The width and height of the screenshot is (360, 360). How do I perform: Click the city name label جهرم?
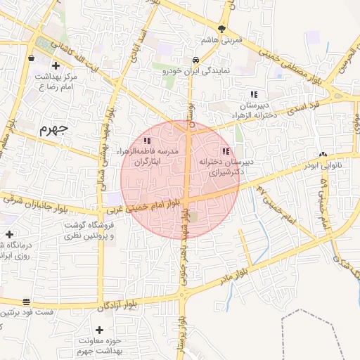coord(53,129)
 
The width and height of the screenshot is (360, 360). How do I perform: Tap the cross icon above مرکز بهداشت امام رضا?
coord(33,59)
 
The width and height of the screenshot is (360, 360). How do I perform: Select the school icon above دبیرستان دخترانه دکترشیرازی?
coord(225,151)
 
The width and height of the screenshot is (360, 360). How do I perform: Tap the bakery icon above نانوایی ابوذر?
coord(323,154)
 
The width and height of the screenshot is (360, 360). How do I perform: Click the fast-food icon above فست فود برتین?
coord(27,300)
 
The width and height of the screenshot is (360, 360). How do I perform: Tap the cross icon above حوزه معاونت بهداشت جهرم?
coord(99,330)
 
